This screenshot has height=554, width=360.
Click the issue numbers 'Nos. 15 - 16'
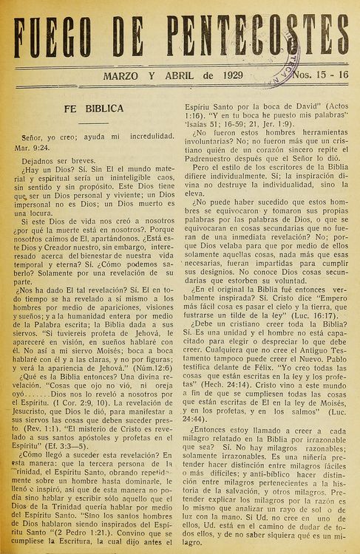[322, 75]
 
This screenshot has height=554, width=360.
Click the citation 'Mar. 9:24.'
[33, 146]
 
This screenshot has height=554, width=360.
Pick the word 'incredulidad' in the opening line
[147, 136]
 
